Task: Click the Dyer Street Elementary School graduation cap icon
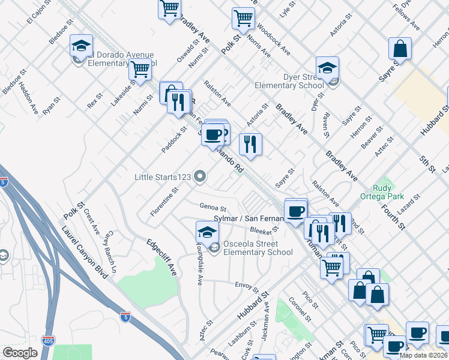(x=327, y=68)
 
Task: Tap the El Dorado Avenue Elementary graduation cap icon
(x=81, y=46)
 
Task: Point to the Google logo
(x=20, y=353)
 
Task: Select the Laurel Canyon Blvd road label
(x=83, y=252)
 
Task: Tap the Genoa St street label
(x=212, y=207)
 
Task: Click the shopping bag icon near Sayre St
(x=400, y=48)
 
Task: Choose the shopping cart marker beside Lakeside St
(x=140, y=69)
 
